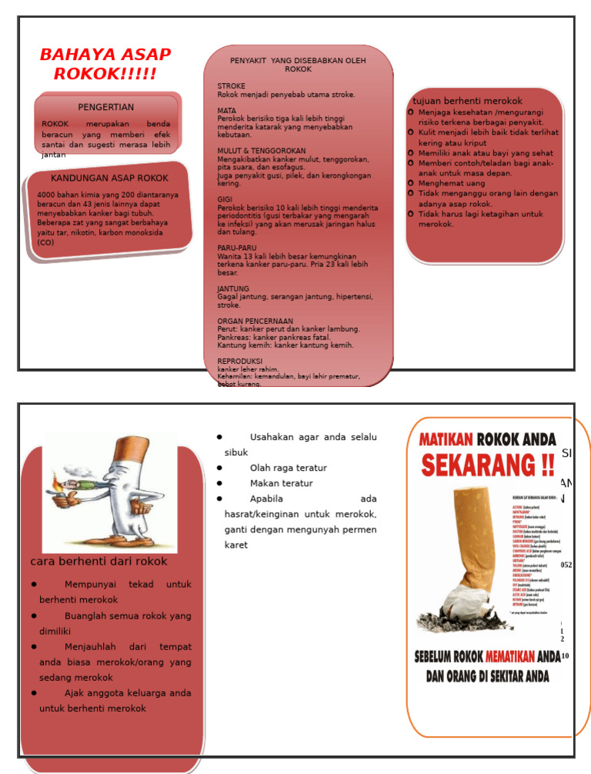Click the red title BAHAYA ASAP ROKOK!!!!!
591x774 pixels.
pos(105,65)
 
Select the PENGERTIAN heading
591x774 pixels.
pos(106,107)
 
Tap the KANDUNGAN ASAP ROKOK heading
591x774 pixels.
pos(109,178)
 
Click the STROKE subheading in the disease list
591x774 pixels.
pos(231,86)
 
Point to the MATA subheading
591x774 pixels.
pos(227,111)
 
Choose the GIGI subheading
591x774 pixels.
pos(225,199)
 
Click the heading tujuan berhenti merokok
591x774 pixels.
pos(467,101)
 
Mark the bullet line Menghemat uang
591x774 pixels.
pos(452,184)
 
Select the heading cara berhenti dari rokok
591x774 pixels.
pos(98,562)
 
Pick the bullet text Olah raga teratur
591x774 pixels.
pos(288,468)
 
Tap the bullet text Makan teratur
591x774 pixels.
pos(281,483)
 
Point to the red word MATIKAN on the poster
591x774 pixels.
pos(446,439)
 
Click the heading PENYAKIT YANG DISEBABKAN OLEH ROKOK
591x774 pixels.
pos(298,65)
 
